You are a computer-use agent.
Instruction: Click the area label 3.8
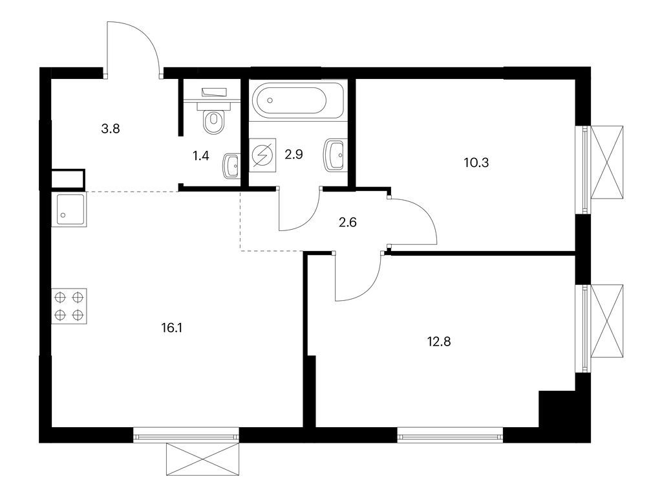(x=111, y=128)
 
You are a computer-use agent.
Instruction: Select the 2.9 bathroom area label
(x=294, y=155)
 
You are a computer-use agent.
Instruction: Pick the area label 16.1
(x=171, y=327)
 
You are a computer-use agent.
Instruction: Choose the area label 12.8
(x=438, y=342)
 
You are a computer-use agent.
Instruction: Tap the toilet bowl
(x=212, y=119)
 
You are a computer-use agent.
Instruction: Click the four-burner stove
(x=69, y=306)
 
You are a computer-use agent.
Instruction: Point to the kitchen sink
(x=69, y=209)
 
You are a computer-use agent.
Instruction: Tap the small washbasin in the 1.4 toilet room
(x=231, y=166)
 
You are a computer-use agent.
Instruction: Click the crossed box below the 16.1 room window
(x=203, y=459)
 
